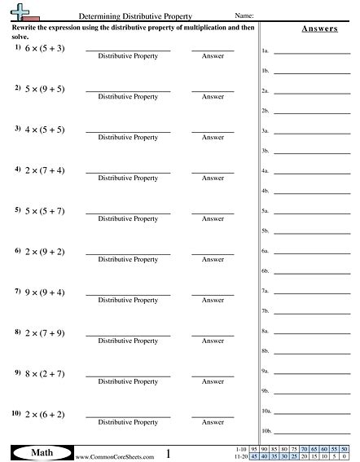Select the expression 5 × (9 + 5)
tap(45, 89)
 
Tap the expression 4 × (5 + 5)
tap(45, 130)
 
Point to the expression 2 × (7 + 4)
tap(45, 171)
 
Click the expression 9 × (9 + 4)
tap(45, 293)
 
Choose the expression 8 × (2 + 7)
tap(45, 375)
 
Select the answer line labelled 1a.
tap(312, 52)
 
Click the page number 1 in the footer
tap(168, 453)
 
